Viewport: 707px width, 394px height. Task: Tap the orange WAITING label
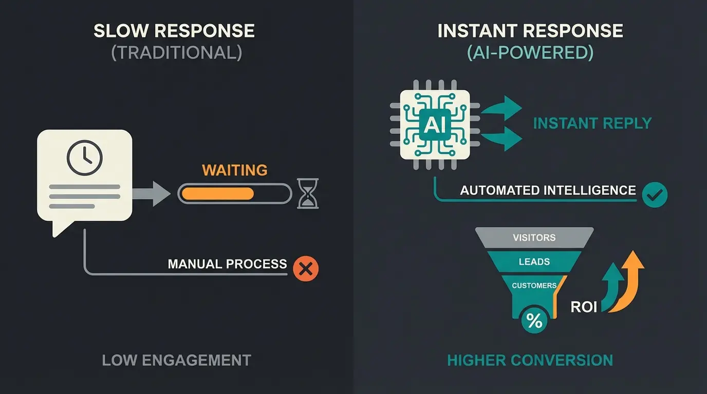235,170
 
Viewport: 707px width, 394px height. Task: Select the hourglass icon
308,193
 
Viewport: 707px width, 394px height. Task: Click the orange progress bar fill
218,193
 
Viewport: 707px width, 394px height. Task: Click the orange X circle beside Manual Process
306,269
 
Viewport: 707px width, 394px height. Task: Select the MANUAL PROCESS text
227,264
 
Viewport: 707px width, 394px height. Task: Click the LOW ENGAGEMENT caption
176,360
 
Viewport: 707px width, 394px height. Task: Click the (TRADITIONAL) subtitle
176,53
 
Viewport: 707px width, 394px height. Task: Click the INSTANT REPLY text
592,124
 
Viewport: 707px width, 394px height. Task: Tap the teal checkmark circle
655,195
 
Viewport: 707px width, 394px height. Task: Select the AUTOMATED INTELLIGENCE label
548,190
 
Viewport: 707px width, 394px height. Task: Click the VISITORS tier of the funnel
534,238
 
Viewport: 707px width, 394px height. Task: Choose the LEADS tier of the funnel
534,262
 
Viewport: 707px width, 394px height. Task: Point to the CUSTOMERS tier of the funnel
534,285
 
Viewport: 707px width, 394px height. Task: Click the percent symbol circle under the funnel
534,321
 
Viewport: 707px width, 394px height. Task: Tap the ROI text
584,307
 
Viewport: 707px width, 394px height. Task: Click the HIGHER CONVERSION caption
530,360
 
